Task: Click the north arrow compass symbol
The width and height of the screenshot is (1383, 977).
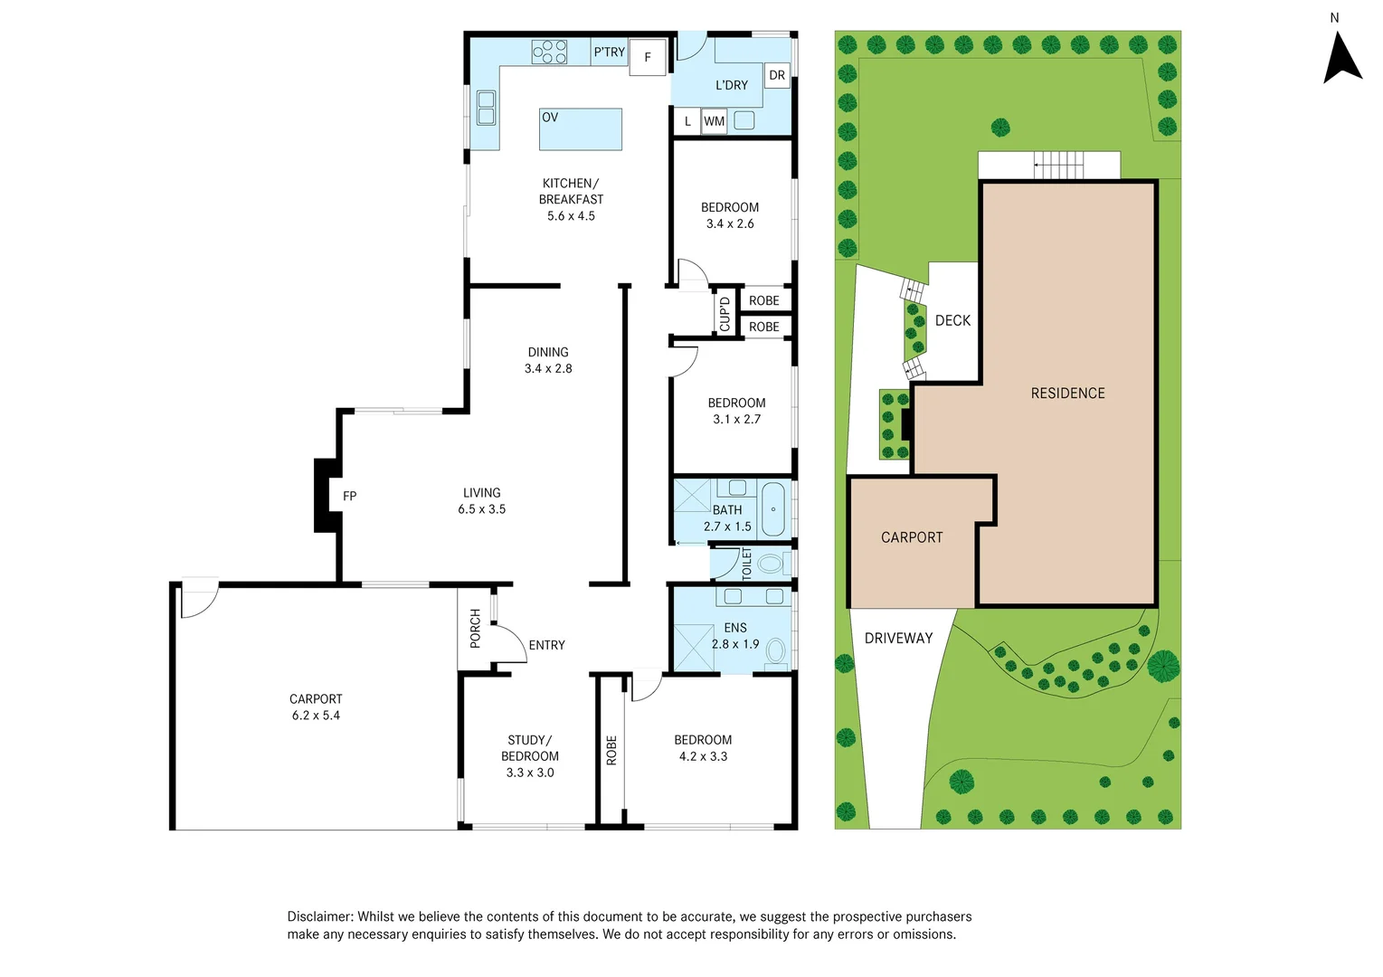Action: pyautogui.click(x=1342, y=59)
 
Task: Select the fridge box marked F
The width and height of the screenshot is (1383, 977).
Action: pyautogui.click(x=648, y=57)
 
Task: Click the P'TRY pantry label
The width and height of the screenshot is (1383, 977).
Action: pyautogui.click(x=609, y=52)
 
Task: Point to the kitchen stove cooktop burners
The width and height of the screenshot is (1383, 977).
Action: pyautogui.click(x=549, y=52)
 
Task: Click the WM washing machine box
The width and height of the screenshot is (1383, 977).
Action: pyautogui.click(x=714, y=121)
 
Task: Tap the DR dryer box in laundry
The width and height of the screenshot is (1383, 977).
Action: pyautogui.click(x=777, y=75)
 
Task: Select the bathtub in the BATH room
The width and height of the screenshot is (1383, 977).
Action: pyautogui.click(x=773, y=509)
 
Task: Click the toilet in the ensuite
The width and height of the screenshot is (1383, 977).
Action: pyautogui.click(x=775, y=650)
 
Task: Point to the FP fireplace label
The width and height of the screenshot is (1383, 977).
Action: pyautogui.click(x=349, y=496)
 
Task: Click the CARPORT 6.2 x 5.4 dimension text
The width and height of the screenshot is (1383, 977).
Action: pyautogui.click(x=316, y=716)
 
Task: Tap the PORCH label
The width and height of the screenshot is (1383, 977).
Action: pyautogui.click(x=475, y=628)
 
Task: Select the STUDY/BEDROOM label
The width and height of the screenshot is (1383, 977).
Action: pyautogui.click(x=530, y=748)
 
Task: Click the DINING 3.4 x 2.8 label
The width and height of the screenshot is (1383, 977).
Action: pyautogui.click(x=548, y=360)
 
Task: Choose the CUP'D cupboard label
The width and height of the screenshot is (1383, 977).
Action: pyautogui.click(x=725, y=314)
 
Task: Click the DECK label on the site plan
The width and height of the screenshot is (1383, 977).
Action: pyautogui.click(x=952, y=320)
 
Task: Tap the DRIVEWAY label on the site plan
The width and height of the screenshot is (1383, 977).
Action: pyautogui.click(x=898, y=638)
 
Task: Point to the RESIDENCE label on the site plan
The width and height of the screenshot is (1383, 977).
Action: pyautogui.click(x=1067, y=393)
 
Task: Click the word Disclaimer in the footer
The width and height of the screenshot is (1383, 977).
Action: pyautogui.click(x=320, y=916)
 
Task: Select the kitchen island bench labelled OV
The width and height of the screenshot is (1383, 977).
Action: pyautogui.click(x=581, y=129)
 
